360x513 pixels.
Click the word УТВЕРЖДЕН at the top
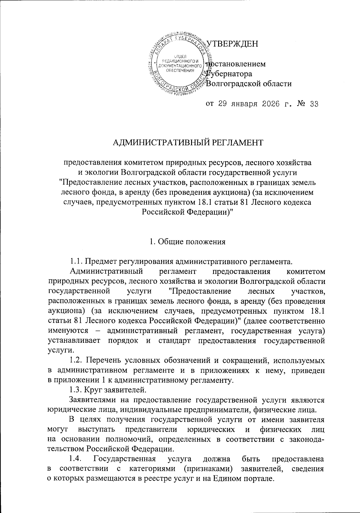pyautogui.click(x=232, y=44)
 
